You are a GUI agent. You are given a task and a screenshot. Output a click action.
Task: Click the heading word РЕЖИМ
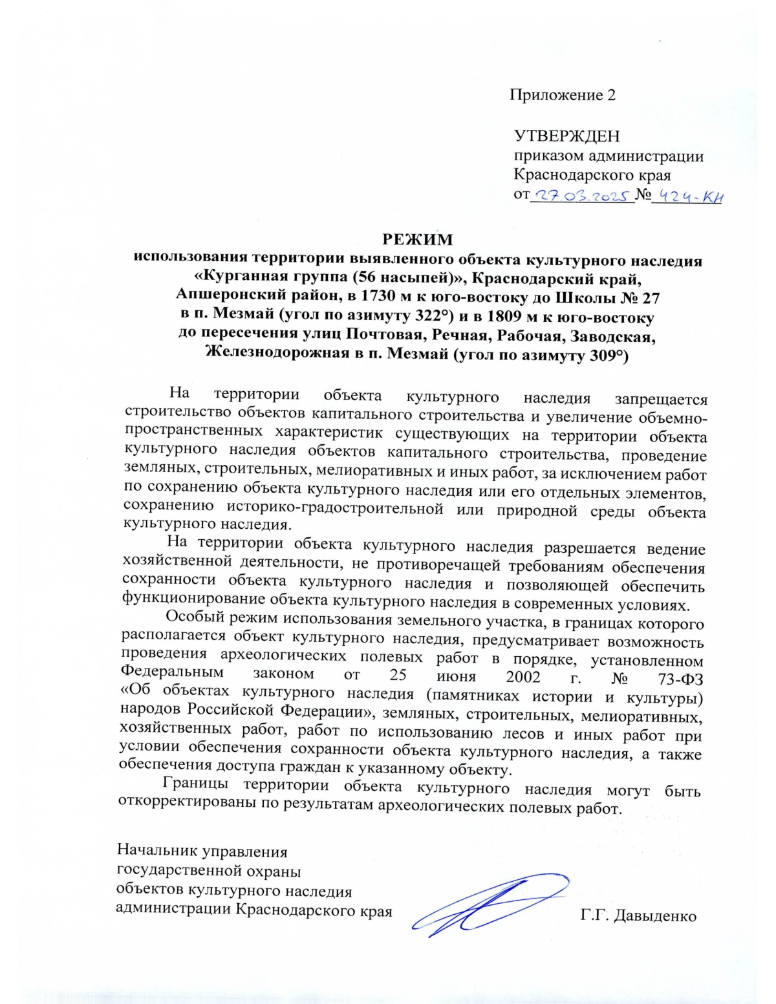[x=418, y=240]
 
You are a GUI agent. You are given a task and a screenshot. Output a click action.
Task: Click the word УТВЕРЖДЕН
[x=566, y=136]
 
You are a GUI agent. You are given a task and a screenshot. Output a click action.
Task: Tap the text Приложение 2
[x=562, y=95]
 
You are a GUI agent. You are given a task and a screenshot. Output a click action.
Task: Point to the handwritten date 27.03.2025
[x=581, y=196]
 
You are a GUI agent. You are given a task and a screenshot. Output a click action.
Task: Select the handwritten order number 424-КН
[x=687, y=196]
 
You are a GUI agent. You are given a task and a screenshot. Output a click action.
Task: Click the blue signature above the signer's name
[x=491, y=902]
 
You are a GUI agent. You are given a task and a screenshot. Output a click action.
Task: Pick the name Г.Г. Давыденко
[x=638, y=916]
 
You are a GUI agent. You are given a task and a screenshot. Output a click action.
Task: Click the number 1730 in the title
[x=367, y=298]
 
